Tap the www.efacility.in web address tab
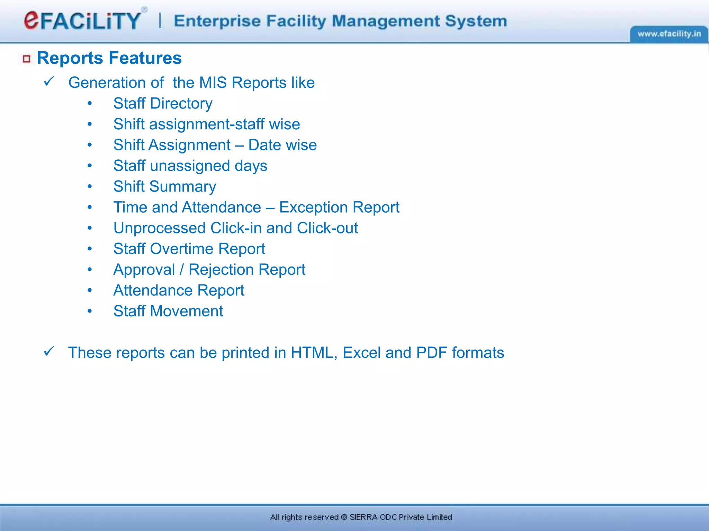(669, 34)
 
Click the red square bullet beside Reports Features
(27, 59)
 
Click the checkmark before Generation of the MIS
(49, 82)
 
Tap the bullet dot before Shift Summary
(90, 187)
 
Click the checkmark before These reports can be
(49, 352)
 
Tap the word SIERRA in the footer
(363, 517)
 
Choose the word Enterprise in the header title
(217, 21)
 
